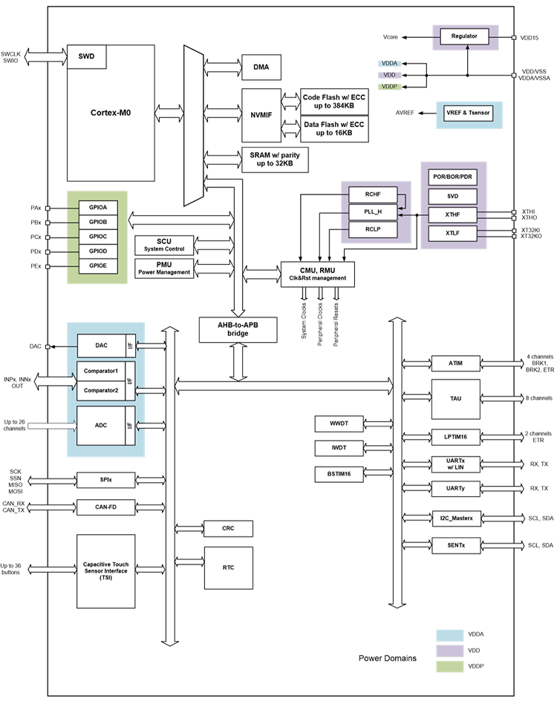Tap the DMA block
[261, 68]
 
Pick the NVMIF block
[261, 115]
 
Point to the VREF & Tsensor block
[468, 114]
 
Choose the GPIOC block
[98, 237]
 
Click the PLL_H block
[372, 213]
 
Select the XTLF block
[452, 234]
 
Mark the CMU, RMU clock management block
[317, 274]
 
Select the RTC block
[227, 567]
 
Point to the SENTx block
[456, 545]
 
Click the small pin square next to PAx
[48, 208]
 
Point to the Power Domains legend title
[387, 658]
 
